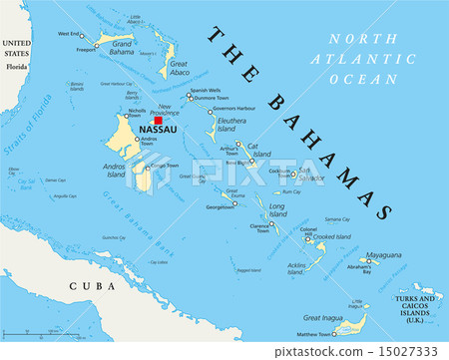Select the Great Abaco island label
coord(181,69)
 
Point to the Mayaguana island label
coord(383,255)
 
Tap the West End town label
coord(69,34)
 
